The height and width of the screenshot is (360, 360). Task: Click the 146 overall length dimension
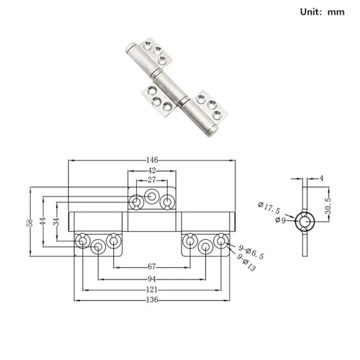coord(152,160)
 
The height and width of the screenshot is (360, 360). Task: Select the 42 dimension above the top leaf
coord(152,171)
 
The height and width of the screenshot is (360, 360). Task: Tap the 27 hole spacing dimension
coord(152,180)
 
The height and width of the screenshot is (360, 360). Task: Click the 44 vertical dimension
coord(43,222)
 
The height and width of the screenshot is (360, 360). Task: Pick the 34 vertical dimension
coord(57,222)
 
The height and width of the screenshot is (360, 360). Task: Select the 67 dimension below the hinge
coord(152,266)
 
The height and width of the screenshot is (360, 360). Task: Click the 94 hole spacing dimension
coord(152,279)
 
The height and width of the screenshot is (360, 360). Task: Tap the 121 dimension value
coord(152,289)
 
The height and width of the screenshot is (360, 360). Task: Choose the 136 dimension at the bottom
coord(152,300)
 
